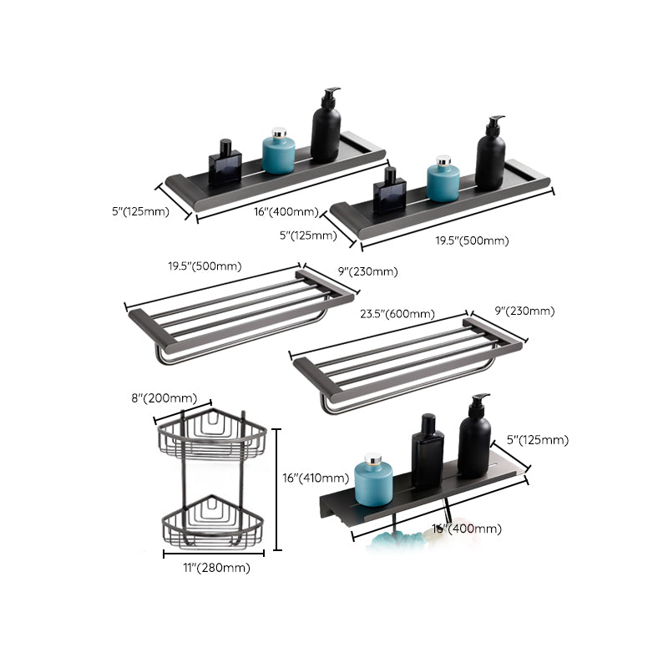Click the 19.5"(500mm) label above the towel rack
tap(205, 267)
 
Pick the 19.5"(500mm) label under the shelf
tap(471, 241)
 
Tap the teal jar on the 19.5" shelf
tap(443, 181)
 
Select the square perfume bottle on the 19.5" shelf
tap(389, 191)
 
